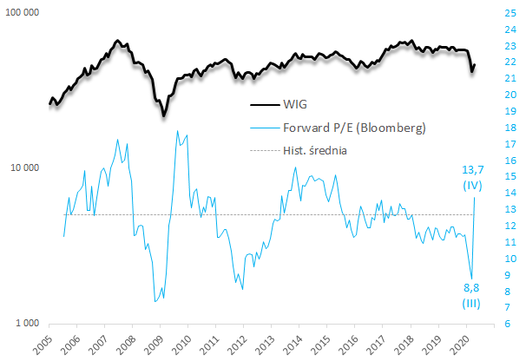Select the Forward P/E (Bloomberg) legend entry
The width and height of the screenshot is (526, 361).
[353, 128]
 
